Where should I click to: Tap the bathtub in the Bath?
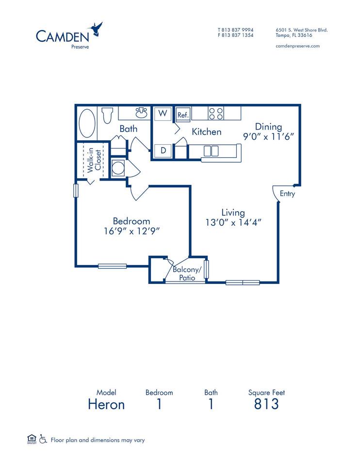pyautogui.click(x=87, y=123)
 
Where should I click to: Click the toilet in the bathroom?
pyautogui.click(x=108, y=115)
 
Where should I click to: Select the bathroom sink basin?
pyautogui.click(x=141, y=112)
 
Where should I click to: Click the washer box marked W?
pyautogui.click(x=163, y=114)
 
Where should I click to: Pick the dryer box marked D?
pyautogui.click(x=163, y=150)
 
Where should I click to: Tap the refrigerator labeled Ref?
pyautogui.click(x=183, y=115)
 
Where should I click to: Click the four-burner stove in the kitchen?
pyautogui.click(x=216, y=114)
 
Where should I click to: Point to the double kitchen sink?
pyautogui.click(x=211, y=151)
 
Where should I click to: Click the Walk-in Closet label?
pyautogui.click(x=94, y=160)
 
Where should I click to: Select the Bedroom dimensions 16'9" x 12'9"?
pyautogui.click(x=131, y=231)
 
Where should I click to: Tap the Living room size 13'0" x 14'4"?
pyautogui.click(x=233, y=222)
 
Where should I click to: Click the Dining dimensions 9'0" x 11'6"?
pyautogui.click(x=268, y=136)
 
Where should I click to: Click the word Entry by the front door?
pyautogui.click(x=287, y=194)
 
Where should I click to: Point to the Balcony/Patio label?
pyautogui.click(x=187, y=273)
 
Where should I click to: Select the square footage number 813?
pyautogui.click(x=266, y=404)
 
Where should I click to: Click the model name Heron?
pyautogui.click(x=106, y=404)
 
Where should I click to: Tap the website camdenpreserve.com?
pyautogui.click(x=297, y=46)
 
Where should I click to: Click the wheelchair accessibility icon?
pyautogui.click(x=43, y=439)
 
